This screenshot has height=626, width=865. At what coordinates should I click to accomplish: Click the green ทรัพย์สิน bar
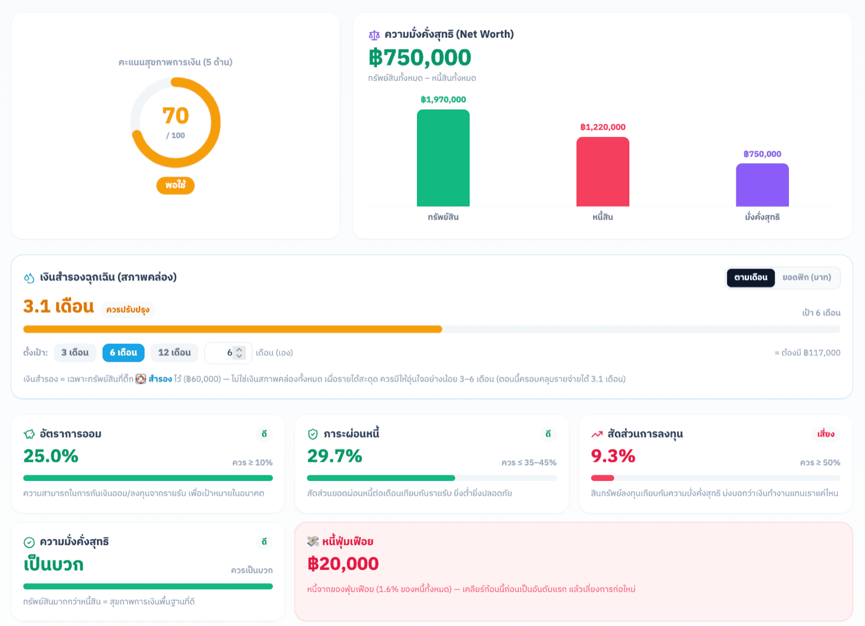click(443, 158)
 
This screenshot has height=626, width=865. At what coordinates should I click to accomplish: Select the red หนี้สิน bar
click(602, 172)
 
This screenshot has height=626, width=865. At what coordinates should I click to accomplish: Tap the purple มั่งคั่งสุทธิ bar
click(762, 185)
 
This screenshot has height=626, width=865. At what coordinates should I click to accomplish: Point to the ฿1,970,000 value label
click(443, 99)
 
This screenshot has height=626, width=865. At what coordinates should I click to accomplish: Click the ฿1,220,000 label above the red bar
click(602, 127)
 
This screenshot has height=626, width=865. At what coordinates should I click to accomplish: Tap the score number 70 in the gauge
click(175, 116)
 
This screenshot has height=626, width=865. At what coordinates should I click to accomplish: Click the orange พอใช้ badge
click(175, 185)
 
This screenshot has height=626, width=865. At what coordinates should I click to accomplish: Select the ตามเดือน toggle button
click(750, 277)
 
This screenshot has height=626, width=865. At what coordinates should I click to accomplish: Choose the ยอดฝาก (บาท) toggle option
click(806, 277)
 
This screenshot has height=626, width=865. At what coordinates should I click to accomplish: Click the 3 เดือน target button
click(75, 353)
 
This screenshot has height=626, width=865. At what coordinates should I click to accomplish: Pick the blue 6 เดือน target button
click(123, 353)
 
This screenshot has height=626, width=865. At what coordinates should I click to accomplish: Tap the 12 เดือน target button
click(174, 353)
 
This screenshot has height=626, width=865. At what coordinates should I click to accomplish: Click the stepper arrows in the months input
click(239, 353)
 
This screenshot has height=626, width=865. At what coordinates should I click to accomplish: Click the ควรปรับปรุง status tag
click(128, 310)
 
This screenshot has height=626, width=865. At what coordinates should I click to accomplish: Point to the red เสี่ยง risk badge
click(825, 434)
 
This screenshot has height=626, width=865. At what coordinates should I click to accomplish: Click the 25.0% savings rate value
click(51, 456)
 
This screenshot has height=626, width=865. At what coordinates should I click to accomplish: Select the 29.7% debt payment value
click(334, 456)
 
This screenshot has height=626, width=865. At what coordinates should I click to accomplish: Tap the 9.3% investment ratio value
click(613, 456)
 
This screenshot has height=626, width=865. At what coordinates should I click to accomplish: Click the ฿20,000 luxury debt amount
click(343, 564)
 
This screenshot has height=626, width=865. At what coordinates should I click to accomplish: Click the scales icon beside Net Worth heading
click(374, 35)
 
